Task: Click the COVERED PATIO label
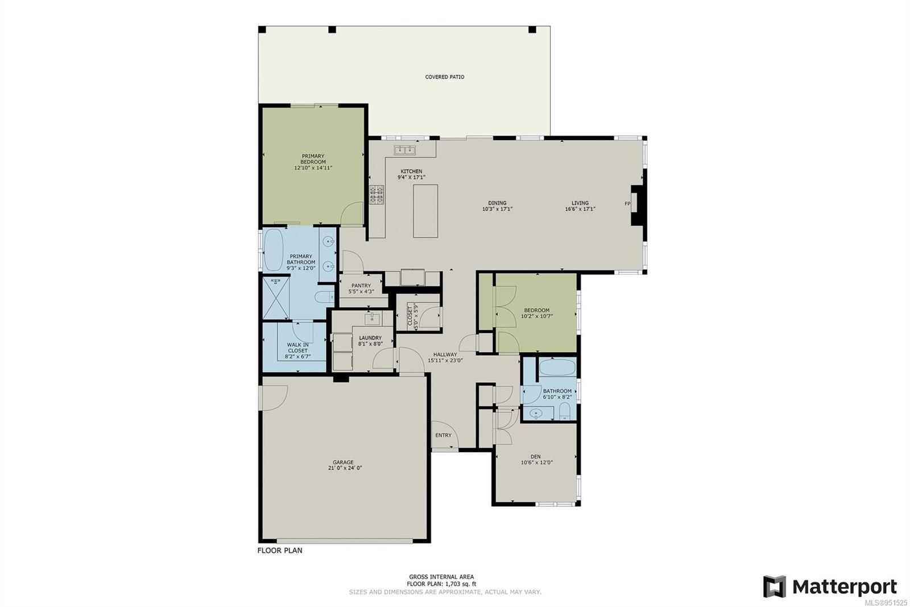click(x=444, y=77)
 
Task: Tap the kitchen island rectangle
click(x=425, y=211)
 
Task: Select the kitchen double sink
click(x=404, y=150)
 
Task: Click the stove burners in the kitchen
click(x=377, y=195)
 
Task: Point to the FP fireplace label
click(x=627, y=204)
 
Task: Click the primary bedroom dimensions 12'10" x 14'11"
click(x=313, y=168)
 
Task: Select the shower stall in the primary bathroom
click(x=276, y=297)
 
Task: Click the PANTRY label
click(x=361, y=286)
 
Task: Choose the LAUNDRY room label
click(x=370, y=338)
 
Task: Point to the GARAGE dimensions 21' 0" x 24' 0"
click(x=345, y=468)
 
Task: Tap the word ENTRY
click(x=443, y=436)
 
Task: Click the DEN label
click(x=535, y=456)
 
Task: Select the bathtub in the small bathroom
click(x=557, y=367)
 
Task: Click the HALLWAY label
click(x=445, y=354)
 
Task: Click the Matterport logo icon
click(x=774, y=587)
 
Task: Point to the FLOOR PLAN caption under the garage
click(x=280, y=551)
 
